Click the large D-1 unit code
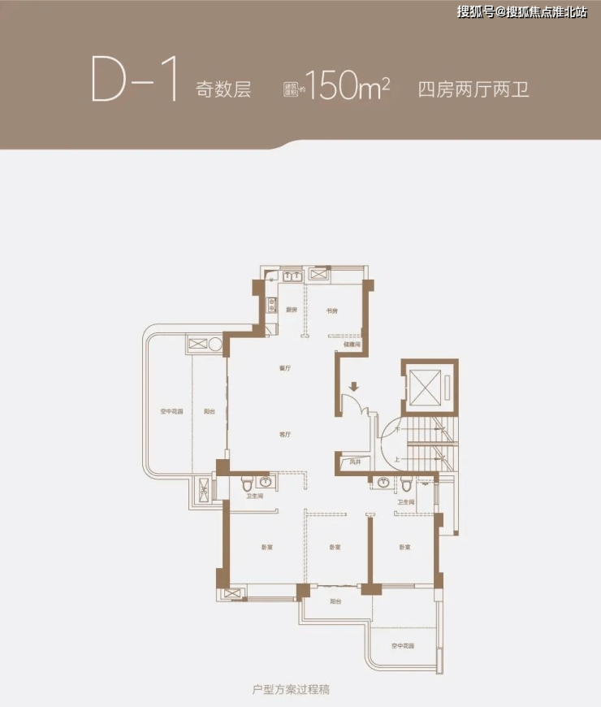click(x=133, y=78)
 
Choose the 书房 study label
click(x=331, y=310)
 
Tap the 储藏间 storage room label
click(x=351, y=344)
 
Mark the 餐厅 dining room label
click(x=284, y=368)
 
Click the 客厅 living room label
click(x=284, y=435)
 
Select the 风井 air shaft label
click(x=354, y=462)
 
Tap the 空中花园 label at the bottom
click(x=401, y=646)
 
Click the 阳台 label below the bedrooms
click(x=335, y=601)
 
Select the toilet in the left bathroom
click(x=245, y=485)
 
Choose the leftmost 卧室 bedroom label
click(x=267, y=547)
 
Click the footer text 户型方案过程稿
click(x=291, y=689)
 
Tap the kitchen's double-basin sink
click(x=292, y=276)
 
